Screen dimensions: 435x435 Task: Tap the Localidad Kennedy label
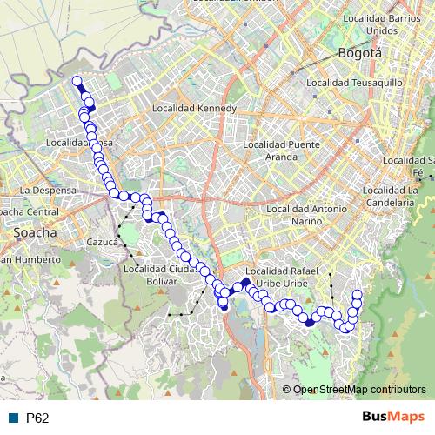(x=194, y=109)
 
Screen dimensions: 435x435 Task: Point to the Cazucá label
(x=102, y=243)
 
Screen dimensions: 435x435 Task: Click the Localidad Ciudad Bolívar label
(x=156, y=274)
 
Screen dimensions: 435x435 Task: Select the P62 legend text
(x=37, y=418)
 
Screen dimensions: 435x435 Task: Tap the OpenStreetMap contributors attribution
(x=359, y=391)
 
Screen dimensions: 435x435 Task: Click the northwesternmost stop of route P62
(x=77, y=82)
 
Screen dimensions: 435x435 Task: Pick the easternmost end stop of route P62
(x=357, y=294)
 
